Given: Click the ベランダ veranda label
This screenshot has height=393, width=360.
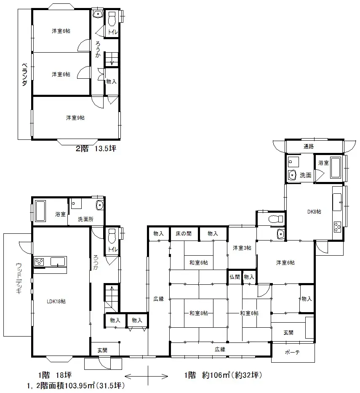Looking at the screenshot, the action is (x=24, y=75).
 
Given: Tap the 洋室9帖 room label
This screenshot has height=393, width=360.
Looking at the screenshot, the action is (x=75, y=118).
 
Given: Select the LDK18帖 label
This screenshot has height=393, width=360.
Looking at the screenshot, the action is (x=56, y=301).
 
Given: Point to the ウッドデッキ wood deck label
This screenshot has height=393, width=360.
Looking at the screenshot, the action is (x=19, y=278).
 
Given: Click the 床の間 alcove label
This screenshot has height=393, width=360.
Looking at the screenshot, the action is (x=184, y=234).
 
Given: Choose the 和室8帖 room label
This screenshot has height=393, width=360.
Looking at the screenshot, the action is (x=199, y=313).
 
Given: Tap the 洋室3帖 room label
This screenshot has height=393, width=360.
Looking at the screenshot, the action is (x=242, y=248).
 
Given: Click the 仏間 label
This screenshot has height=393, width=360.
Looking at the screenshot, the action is (x=235, y=277).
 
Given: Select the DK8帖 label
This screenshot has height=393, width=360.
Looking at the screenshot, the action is (x=314, y=211).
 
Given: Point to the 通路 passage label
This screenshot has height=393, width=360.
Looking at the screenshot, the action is (x=308, y=146).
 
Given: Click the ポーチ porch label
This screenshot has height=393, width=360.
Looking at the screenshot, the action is (x=292, y=352).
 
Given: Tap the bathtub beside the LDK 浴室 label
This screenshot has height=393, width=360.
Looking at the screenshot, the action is (x=40, y=211).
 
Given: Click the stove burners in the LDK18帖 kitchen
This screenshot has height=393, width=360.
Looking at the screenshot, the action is (x=40, y=262).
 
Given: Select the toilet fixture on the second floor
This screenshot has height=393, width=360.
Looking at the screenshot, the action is (x=112, y=19).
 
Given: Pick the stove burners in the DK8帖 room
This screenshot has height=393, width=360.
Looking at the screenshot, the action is (x=337, y=227).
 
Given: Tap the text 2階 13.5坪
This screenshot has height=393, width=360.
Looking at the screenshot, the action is (x=96, y=149).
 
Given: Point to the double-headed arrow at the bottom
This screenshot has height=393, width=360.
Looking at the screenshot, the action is (x=146, y=376).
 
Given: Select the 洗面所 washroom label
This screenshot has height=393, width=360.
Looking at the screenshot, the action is (x=85, y=219).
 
